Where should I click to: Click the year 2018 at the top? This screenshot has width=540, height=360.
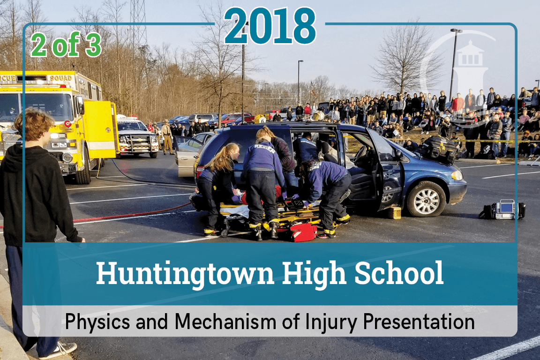tap(270, 26)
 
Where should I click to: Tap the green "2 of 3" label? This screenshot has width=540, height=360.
tap(66, 45)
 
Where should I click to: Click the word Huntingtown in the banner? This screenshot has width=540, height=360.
tap(185, 274)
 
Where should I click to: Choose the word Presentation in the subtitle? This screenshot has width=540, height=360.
tap(419, 322)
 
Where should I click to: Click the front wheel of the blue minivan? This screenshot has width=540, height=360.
tap(426, 200)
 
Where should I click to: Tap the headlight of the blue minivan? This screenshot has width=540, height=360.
tap(457, 175)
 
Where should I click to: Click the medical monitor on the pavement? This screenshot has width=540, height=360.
tap(502, 210)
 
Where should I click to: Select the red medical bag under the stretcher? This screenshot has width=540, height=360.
tap(302, 232)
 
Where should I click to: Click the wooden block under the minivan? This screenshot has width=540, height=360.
tap(394, 212)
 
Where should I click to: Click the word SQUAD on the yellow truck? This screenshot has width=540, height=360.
tap(61, 78)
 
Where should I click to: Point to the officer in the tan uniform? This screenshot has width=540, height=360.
tap(167, 137)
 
